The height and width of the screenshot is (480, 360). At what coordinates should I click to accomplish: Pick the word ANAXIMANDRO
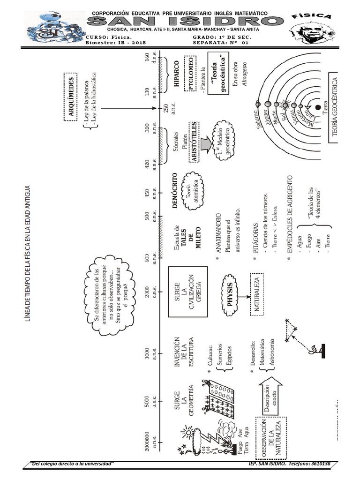click(219, 239)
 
